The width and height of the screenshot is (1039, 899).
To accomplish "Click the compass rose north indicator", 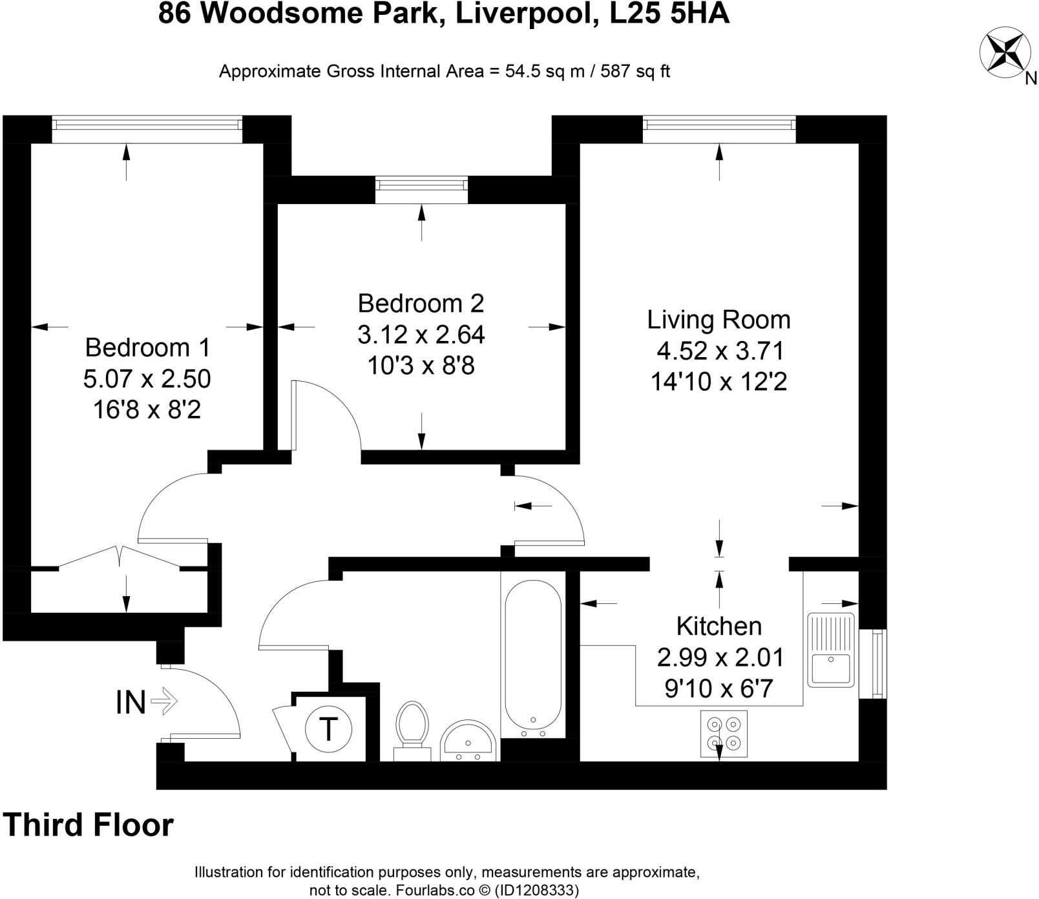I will (1005, 51).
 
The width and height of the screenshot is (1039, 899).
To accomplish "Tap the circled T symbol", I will (329, 729).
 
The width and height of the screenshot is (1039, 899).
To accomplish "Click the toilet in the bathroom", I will (412, 729).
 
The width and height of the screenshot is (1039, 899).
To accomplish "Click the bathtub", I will (533, 656).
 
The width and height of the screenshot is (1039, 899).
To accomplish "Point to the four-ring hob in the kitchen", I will (724, 734).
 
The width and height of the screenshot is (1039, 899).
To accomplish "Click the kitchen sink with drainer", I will (831, 650).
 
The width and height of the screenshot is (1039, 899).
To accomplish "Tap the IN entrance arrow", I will (163, 701).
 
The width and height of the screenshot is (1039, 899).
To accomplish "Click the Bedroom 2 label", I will (421, 303).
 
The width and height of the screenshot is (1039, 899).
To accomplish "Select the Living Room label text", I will (719, 320).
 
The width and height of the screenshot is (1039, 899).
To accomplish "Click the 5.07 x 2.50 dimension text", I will (147, 378).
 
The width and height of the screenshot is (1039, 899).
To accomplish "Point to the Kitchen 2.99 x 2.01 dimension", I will (720, 657).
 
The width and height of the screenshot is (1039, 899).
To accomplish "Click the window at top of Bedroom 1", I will (147, 123).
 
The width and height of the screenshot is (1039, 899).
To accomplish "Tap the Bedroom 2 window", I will (421, 185).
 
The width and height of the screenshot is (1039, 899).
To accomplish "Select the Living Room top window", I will (719, 123).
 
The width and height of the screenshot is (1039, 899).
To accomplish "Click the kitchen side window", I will (877, 663).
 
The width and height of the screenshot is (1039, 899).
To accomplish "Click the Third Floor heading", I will (89, 825).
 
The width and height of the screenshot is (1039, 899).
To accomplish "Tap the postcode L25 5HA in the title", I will (669, 14).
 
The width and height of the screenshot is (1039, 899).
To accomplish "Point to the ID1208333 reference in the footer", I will (534, 891).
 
